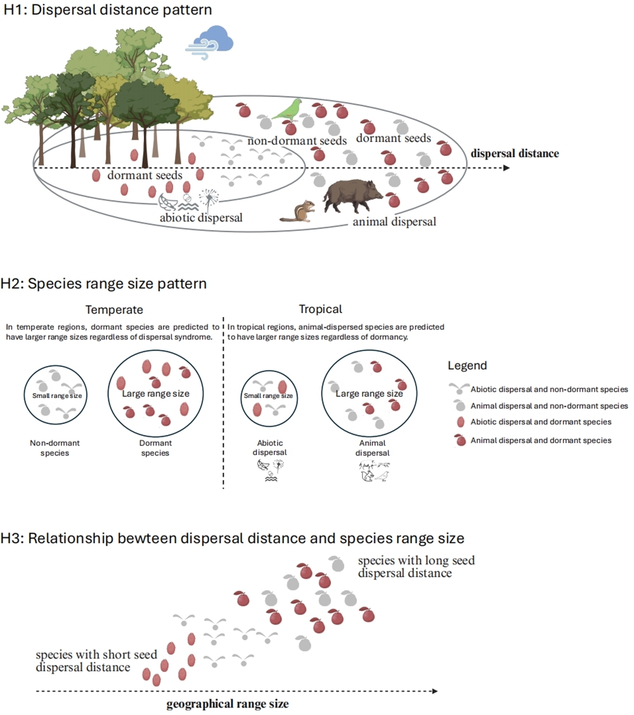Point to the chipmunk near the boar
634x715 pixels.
(x=298, y=210)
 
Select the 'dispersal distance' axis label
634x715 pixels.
(x=514, y=153)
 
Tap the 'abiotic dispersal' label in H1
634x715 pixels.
(x=202, y=217)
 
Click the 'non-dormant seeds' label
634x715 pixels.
(x=297, y=141)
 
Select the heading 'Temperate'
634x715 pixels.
(x=115, y=310)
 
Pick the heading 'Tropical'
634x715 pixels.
(x=320, y=310)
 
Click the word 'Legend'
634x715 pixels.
(x=467, y=366)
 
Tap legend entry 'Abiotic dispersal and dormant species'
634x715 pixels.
(x=541, y=422)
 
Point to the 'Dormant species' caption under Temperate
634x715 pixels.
(x=155, y=448)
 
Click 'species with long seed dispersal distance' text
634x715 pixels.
(x=415, y=567)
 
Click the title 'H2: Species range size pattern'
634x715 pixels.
(x=105, y=283)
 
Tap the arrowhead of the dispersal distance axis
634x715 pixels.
(x=505, y=168)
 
